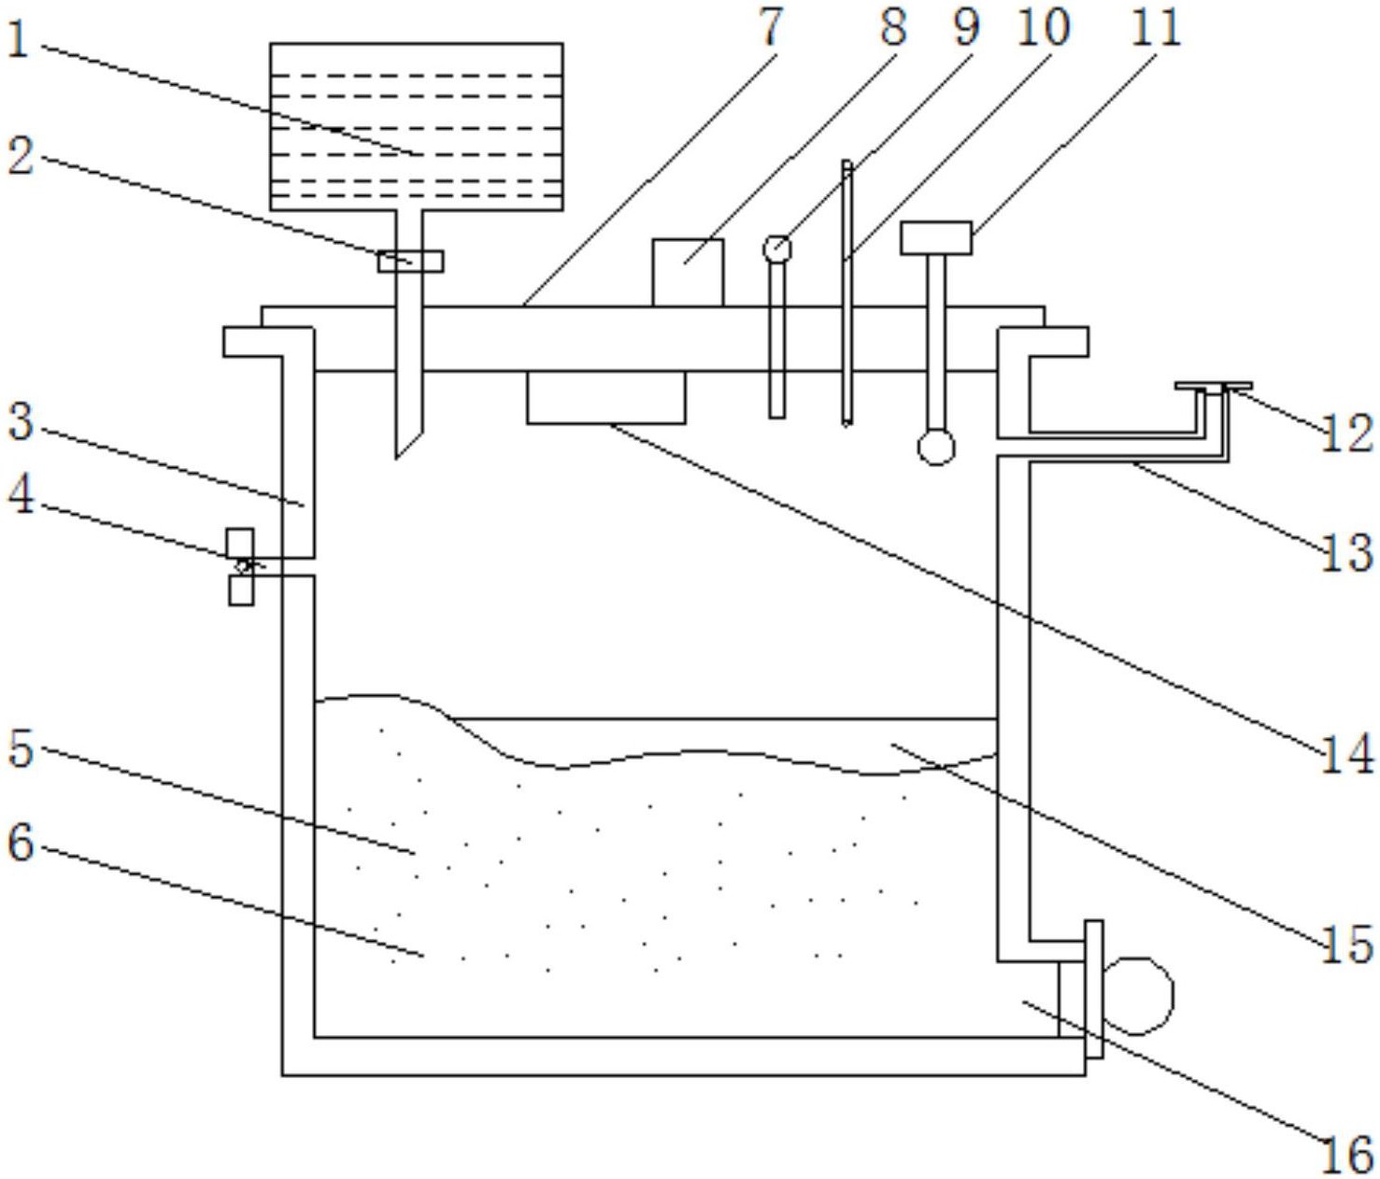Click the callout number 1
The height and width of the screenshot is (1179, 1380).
[18, 39]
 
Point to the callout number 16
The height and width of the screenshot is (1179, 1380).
[1346, 1155]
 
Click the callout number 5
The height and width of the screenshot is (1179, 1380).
[20, 747]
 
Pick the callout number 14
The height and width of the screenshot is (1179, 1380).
[1346, 753]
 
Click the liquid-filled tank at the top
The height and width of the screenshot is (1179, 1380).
[416, 126]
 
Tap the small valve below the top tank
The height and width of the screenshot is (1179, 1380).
[410, 262]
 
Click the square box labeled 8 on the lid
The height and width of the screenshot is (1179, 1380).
[688, 272]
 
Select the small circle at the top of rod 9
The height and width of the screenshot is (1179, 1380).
[777, 249]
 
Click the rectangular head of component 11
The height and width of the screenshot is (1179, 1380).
[935, 238]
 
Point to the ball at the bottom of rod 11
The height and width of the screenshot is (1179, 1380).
[936, 447]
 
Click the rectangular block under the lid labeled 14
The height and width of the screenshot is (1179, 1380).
[605, 397]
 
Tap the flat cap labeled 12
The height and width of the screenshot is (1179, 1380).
[1213, 387]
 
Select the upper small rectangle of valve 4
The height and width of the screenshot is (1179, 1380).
[240, 543]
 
